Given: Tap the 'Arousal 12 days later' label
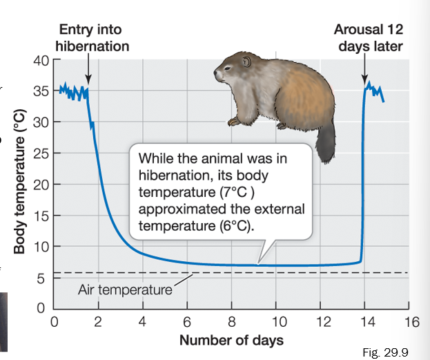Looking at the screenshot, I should tap(368, 37).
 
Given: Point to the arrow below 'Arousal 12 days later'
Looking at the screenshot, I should tap(364, 70).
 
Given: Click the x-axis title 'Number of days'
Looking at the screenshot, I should tap(231, 341).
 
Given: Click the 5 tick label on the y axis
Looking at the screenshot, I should tap(43, 278).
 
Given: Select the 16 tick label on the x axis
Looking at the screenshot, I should tap(412, 322).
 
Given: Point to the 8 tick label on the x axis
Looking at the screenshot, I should tap(231, 322).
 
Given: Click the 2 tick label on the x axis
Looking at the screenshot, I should tap(97, 322).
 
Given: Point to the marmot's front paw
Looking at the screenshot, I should tap(235, 122).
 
